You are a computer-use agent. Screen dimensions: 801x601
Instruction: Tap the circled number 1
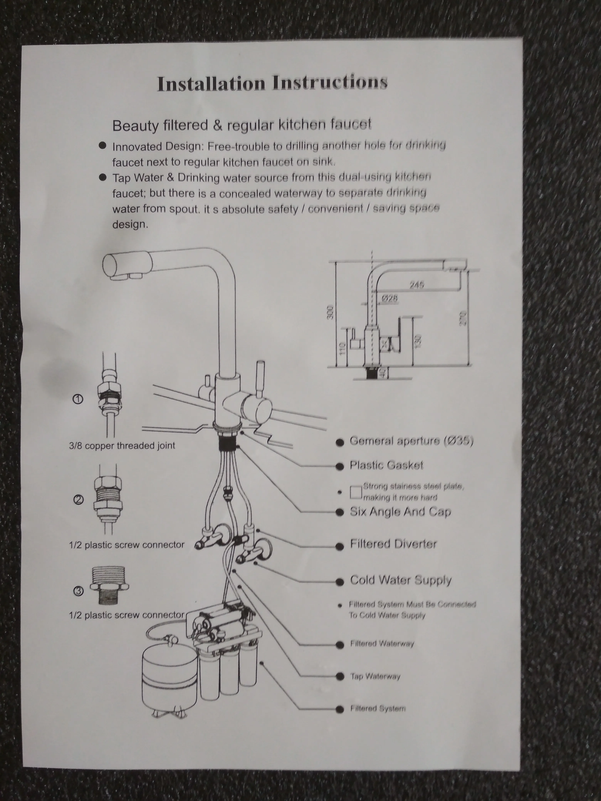pyautogui.click(x=78, y=399)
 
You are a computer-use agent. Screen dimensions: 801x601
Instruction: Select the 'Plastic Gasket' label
pyautogui.click(x=386, y=465)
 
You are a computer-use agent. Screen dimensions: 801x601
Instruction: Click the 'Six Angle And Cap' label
pyautogui.click(x=400, y=512)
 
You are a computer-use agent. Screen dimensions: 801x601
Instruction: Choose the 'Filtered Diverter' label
pyautogui.click(x=393, y=544)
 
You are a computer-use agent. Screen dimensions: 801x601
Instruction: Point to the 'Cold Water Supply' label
pyautogui.click(x=401, y=580)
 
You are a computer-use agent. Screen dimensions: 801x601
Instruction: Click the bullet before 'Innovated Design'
pyautogui.click(x=102, y=146)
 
